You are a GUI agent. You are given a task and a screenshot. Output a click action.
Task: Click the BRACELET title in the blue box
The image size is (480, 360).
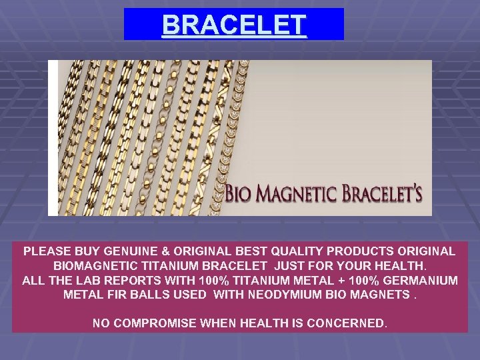point(234,25)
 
